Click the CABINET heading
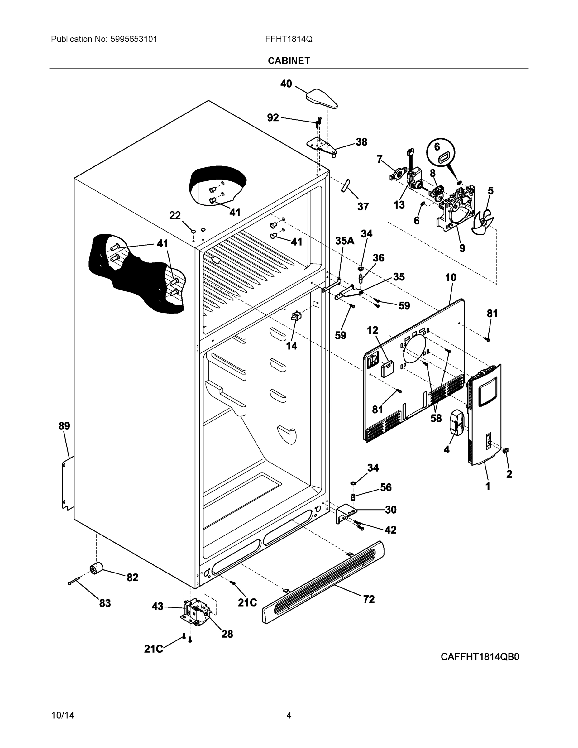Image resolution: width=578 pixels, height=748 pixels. tap(289, 61)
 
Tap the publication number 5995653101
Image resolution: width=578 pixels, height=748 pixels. tap(134, 39)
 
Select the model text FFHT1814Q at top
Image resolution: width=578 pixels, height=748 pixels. tap(288, 39)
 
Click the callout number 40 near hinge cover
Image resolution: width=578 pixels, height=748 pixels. tap(286, 84)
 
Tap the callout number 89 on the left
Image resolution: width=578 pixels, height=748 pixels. tap(64, 426)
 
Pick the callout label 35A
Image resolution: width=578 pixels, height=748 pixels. tap(345, 241)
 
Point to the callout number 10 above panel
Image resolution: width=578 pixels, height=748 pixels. tap(451, 277)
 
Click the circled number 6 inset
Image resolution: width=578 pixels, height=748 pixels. tap(441, 153)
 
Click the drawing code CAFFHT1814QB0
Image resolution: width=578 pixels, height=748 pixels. tap(480, 657)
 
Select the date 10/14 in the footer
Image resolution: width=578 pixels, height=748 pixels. tap(63, 716)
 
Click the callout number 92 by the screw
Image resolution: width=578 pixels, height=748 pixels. tap(273, 118)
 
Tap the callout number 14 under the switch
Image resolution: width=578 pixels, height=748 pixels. tap(291, 346)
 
